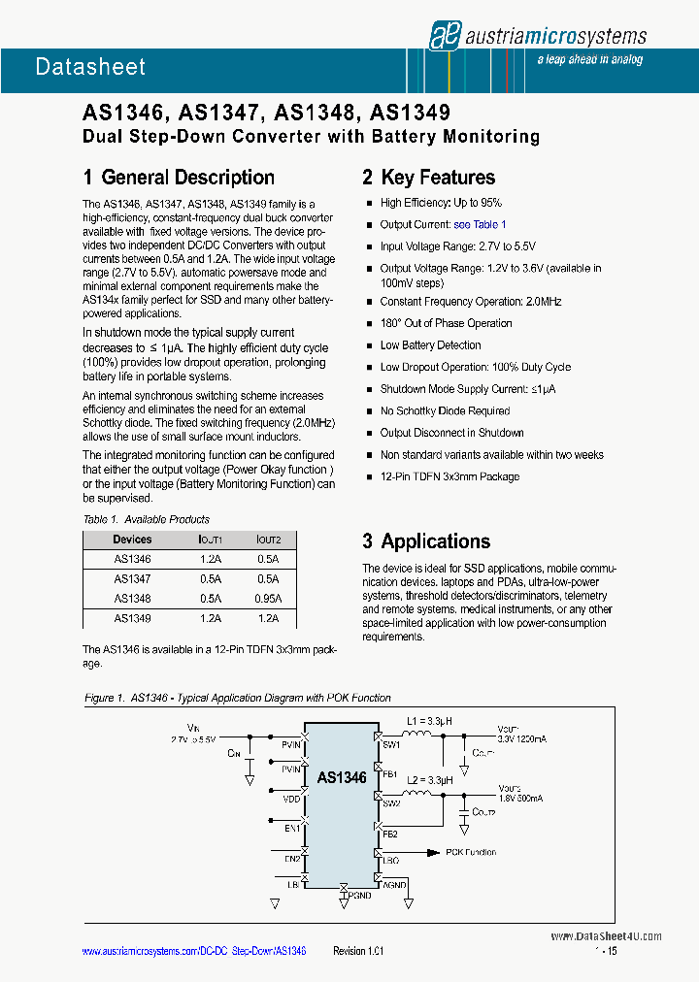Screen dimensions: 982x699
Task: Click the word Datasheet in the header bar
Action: [x=90, y=67]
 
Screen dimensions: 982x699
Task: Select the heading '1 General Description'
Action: [x=179, y=178]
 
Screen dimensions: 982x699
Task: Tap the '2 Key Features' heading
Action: [x=428, y=178]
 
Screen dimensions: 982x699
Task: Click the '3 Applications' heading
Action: [x=426, y=541]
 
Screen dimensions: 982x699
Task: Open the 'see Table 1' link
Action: [x=480, y=224]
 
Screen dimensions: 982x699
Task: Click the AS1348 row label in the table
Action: [x=132, y=599]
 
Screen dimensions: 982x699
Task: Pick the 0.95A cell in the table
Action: [x=268, y=599]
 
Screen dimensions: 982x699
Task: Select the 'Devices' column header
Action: [x=132, y=540]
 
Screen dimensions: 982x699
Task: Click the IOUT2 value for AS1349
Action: [x=268, y=618]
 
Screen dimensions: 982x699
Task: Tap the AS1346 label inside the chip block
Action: [x=342, y=777]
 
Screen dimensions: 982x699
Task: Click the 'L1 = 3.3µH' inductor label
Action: [x=430, y=721]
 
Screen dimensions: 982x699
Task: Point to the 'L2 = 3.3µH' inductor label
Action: [x=430, y=780]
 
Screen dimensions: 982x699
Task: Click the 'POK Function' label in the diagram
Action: [x=471, y=852]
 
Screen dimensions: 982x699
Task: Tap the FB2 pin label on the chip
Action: [x=389, y=834]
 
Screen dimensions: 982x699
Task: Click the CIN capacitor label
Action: [x=233, y=751]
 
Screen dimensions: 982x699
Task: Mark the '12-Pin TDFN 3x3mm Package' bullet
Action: [x=449, y=476]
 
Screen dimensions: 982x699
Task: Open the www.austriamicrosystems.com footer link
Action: [x=194, y=952]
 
